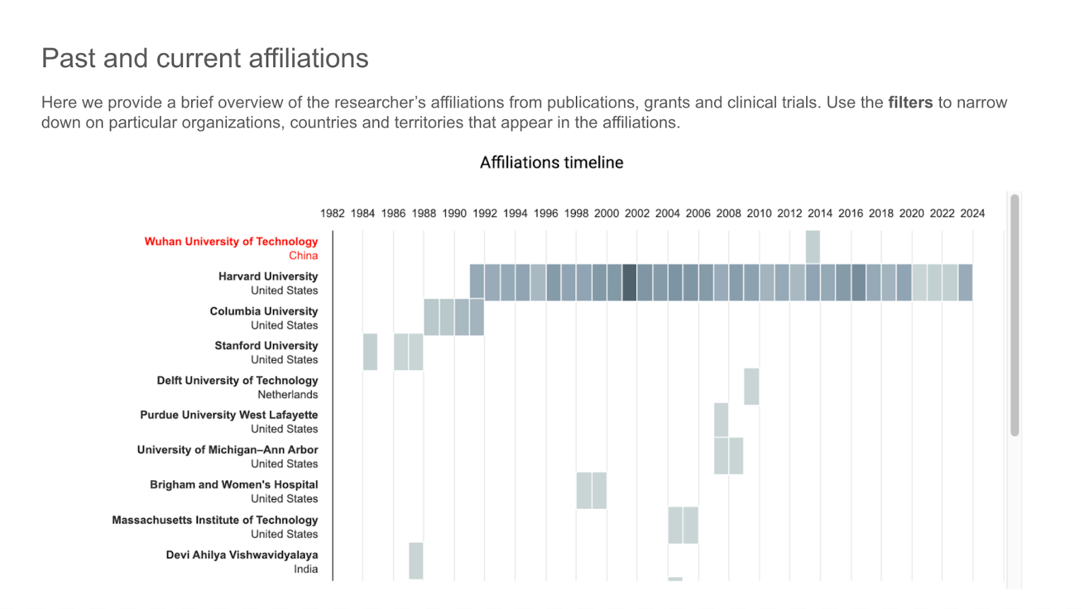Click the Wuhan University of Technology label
231,241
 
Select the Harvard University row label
268,276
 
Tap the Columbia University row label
264,311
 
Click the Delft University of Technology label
237,380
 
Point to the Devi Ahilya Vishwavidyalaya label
242,555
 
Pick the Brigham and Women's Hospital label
234,484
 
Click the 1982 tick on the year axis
332,213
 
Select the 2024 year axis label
972,213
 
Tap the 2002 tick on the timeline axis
637,213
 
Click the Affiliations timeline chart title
551,163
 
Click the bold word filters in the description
910,102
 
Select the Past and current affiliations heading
205,58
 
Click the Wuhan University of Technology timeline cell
812,247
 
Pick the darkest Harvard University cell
629,282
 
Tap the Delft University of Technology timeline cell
751,387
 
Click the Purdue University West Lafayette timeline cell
721,420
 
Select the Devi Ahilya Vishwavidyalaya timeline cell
416,560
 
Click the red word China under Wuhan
303,256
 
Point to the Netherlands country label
287,395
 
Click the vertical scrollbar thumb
1014,315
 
